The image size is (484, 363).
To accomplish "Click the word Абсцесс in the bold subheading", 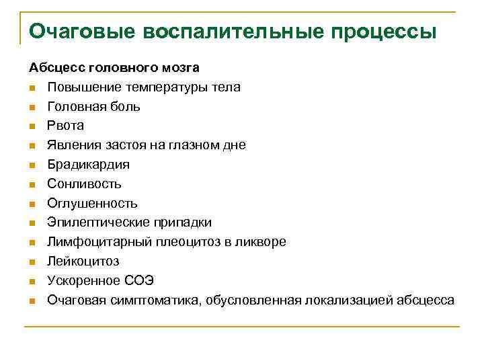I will point(54,68).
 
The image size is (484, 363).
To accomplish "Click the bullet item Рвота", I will point(65,126).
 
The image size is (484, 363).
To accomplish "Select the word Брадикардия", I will point(88,165).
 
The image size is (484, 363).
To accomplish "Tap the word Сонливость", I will point(84,184).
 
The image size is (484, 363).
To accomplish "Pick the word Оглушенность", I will point(92,203).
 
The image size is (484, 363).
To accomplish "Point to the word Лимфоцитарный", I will point(89,242).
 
